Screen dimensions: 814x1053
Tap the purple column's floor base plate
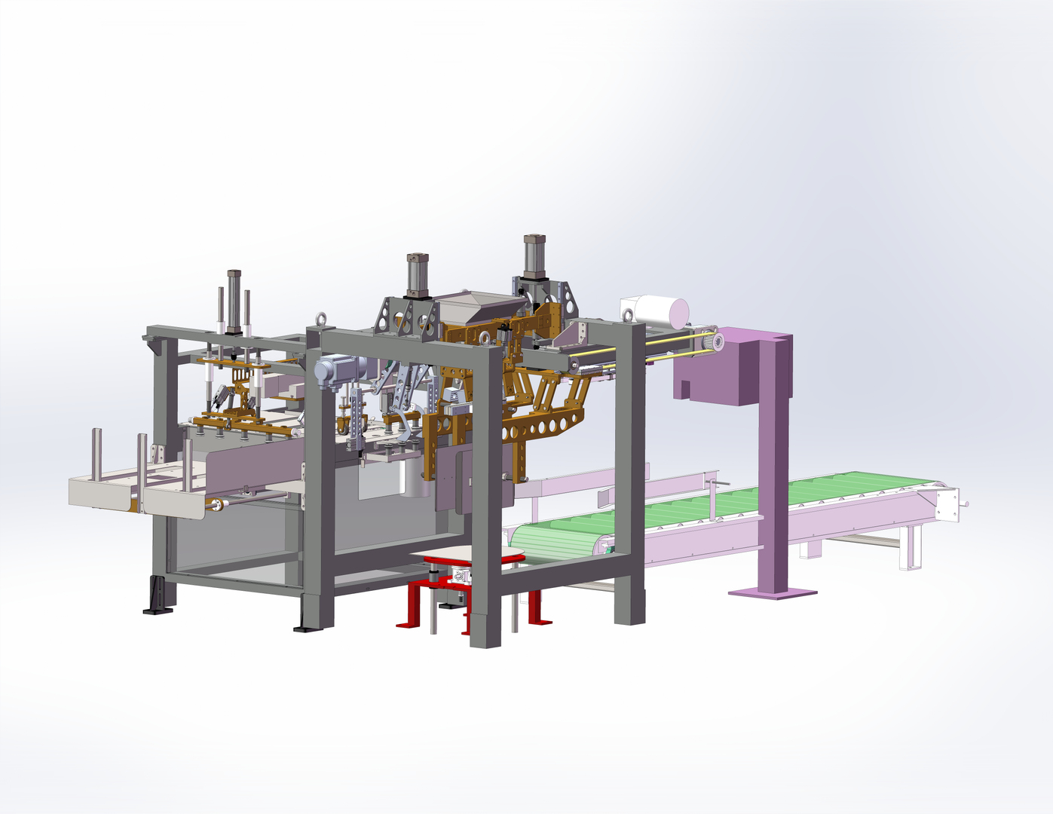pyautogui.click(x=773, y=593)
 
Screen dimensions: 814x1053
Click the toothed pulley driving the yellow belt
pyautogui.click(x=714, y=342)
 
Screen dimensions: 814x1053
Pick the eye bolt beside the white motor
pyautogui.click(x=627, y=315)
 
